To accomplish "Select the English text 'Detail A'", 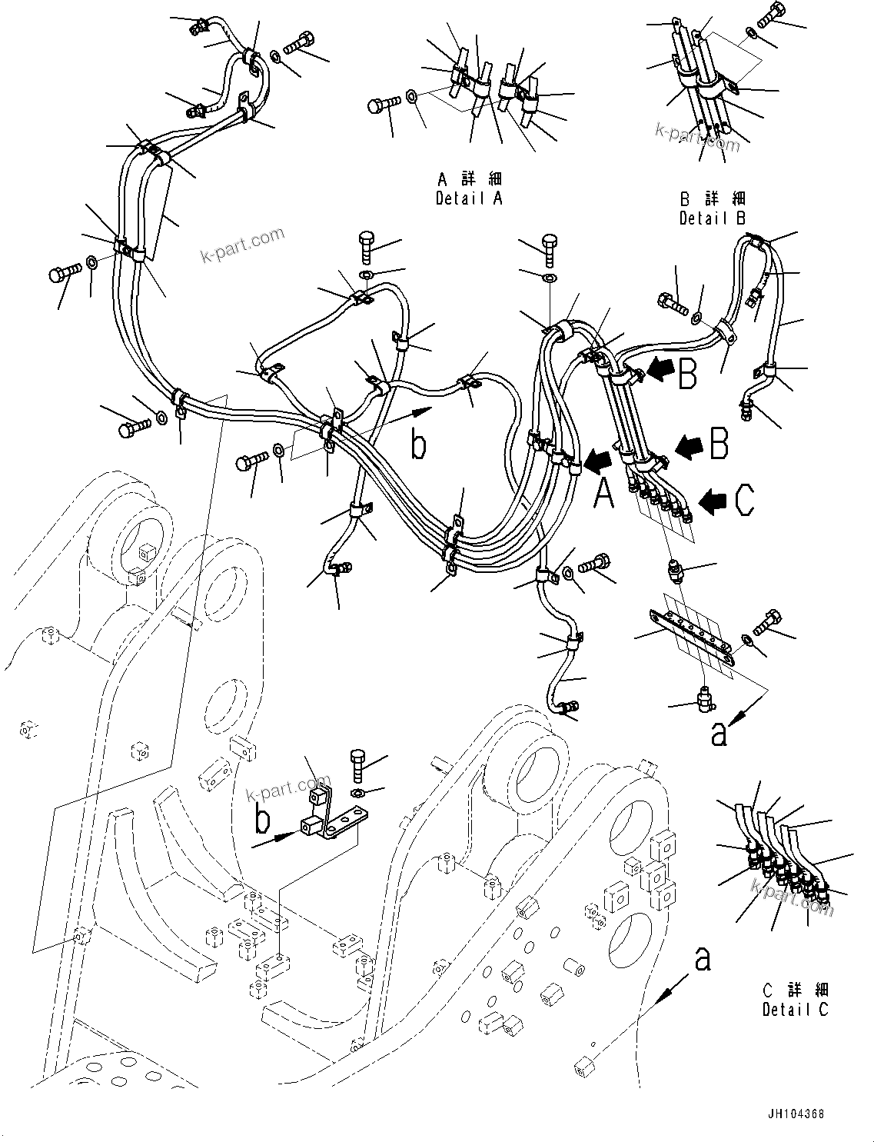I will click(x=469, y=198).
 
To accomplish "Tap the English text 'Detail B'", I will click(x=712, y=218).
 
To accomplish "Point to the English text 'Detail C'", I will click(x=796, y=1010).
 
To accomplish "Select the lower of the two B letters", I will click(x=718, y=444).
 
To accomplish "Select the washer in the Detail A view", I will click(x=412, y=96).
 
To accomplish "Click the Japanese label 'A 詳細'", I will click(x=469, y=180).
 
